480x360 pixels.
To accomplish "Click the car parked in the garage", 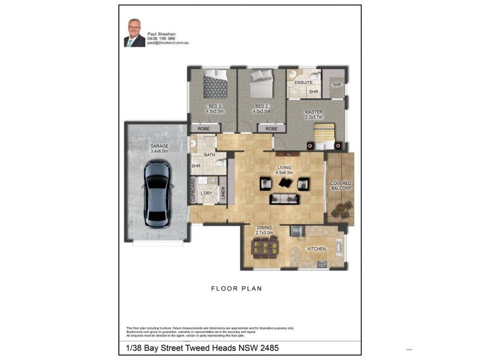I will click(157, 193).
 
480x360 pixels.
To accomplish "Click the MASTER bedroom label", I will click(313, 112).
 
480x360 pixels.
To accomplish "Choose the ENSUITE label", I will click(303, 82).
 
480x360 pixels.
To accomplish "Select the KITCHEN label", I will click(316, 248).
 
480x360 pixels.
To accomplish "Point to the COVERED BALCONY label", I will click(340, 185).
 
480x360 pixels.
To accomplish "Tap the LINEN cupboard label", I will click(223, 191).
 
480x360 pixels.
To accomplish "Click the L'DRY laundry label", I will click(206, 192).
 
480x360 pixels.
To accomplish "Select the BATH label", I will click(209, 155).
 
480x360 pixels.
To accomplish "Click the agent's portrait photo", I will click(134, 32).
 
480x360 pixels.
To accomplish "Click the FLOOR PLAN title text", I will click(236, 289).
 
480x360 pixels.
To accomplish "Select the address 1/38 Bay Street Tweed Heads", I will click(202, 347).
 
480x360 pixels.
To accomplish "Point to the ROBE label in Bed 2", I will click(272, 128).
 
